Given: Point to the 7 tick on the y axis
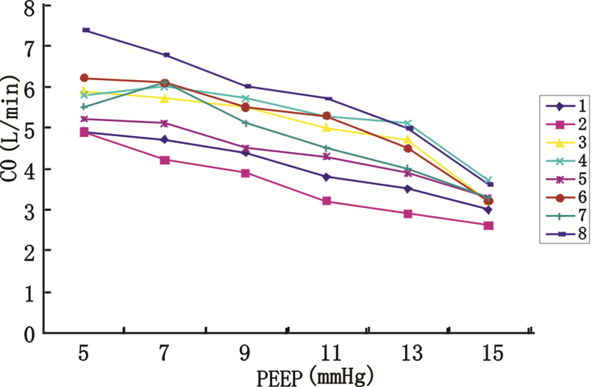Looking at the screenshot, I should coord(30,46).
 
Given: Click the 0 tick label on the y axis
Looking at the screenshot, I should coord(30,334).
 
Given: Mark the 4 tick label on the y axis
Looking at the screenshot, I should coord(30,169).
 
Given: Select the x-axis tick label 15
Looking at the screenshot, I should coord(488,351).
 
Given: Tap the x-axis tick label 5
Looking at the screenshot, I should coord(84,351).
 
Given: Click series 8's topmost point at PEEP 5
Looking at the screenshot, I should coord(85,30).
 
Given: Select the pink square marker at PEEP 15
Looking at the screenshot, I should coord(488,225).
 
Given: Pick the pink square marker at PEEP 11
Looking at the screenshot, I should coord(326,201).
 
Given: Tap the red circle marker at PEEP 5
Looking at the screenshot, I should coord(84,78).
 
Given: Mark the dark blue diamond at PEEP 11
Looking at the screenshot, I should coord(326,177).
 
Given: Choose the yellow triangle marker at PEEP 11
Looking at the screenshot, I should coord(326,128).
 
